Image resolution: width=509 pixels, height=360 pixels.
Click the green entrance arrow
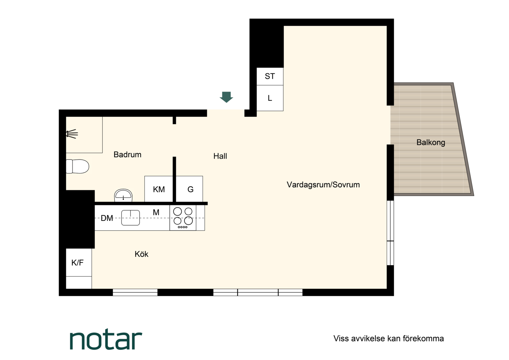[x=226, y=97]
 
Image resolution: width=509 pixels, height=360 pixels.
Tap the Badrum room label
[x=127, y=155]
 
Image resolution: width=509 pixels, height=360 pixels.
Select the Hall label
[x=220, y=156]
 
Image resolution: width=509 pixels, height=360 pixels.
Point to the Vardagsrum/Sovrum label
[x=323, y=185]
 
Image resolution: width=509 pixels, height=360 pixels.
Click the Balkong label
[x=431, y=143]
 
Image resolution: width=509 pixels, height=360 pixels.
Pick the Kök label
[x=141, y=254]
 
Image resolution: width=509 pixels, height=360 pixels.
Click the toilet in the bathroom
[x=77, y=166]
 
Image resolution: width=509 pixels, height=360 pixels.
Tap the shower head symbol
[x=72, y=134]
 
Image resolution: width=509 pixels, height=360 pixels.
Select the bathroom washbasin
[x=123, y=195]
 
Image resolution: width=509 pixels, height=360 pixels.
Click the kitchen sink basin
[x=131, y=218]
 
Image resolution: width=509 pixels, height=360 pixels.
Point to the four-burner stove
[x=183, y=218]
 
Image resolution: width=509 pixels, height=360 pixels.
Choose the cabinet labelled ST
[x=270, y=76]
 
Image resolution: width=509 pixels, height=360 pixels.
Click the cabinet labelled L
[x=270, y=98]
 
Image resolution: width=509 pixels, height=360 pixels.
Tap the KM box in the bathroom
[x=159, y=189]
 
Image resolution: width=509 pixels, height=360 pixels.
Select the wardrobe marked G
[x=190, y=189]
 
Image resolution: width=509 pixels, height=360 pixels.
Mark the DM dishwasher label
[x=107, y=218]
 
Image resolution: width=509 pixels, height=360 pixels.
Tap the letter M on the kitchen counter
[x=156, y=212]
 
